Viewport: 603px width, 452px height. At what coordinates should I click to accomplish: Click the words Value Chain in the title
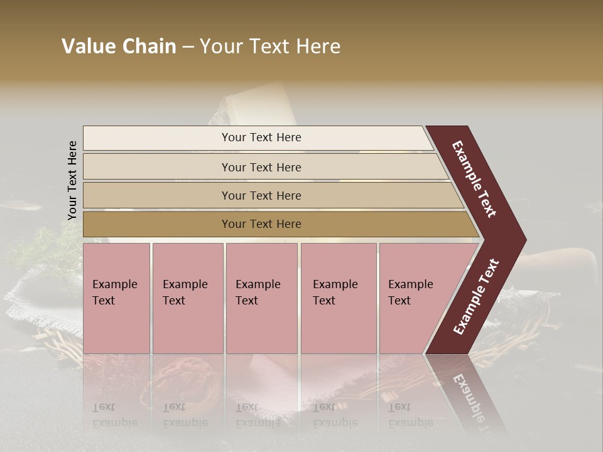[x=119, y=46]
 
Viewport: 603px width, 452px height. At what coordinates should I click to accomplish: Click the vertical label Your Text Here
[x=72, y=180]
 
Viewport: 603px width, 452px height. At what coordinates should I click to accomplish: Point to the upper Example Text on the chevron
[x=475, y=179]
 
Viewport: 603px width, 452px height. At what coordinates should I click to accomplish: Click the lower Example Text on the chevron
[x=476, y=297]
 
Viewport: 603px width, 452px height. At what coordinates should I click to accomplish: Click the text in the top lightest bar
[x=261, y=137]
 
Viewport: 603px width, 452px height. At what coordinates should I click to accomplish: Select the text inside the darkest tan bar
[x=261, y=224]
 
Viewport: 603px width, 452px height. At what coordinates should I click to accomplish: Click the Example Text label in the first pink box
[x=114, y=293]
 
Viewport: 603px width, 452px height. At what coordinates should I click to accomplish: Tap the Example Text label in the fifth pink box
[x=410, y=293]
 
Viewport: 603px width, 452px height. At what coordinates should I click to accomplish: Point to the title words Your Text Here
[x=270, y=46]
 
